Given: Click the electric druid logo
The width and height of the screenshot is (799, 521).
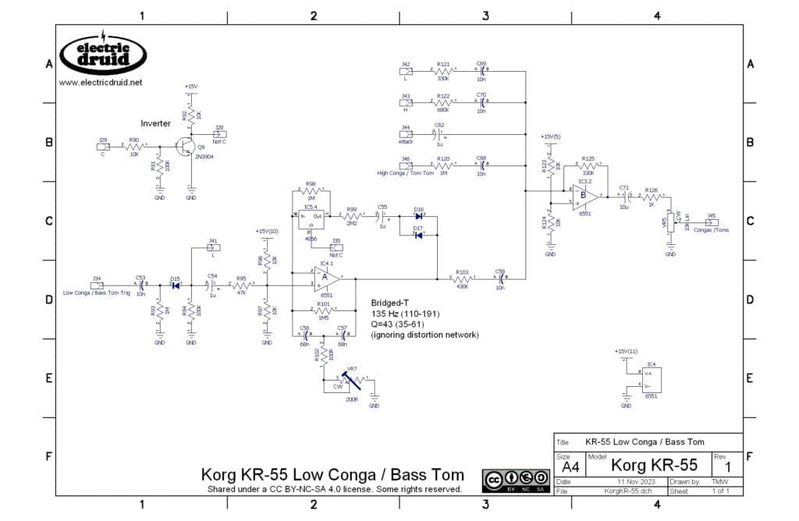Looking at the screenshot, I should tap(101, 54).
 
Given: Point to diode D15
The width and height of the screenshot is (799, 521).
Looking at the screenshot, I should tap(175, 285).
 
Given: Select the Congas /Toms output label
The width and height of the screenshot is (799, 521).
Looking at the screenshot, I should tap(711, 230).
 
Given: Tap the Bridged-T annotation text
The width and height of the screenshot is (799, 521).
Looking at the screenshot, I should tap(389, 303).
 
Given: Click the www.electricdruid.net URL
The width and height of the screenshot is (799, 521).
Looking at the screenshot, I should tap(100, 82).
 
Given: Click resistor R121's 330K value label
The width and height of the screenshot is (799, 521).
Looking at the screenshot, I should tap(443, 78).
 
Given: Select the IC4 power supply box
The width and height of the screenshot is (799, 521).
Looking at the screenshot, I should tap(650, 380).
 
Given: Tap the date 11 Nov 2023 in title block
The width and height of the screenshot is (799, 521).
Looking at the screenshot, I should tap(616, 482).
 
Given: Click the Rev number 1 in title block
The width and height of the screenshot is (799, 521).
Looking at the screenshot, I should tap(727, 466).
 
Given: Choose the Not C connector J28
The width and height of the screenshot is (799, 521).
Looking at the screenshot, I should tap(219, 133).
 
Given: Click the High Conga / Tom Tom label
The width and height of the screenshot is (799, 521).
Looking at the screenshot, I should tap(406, 172).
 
